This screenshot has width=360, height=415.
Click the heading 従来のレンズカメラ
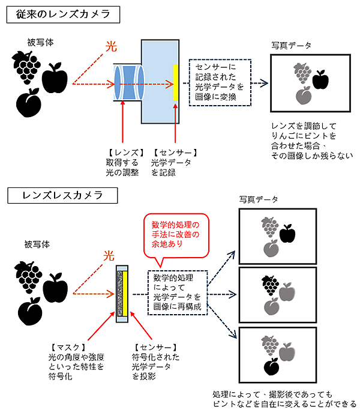click(x=55, y=14)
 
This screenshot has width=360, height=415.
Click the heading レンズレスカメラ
click(x=55, y=195)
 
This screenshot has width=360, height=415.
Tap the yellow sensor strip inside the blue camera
click(x=175, y=82)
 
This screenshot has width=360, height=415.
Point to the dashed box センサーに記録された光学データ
click(x=220, y=82)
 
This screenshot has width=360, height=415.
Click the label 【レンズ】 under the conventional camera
click(x=121, y=153)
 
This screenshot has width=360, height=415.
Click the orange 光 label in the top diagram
click(x=110, y=46)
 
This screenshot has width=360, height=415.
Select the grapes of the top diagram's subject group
click(x=26, y=65)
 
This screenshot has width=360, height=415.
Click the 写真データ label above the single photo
click(x=292, y=45)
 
